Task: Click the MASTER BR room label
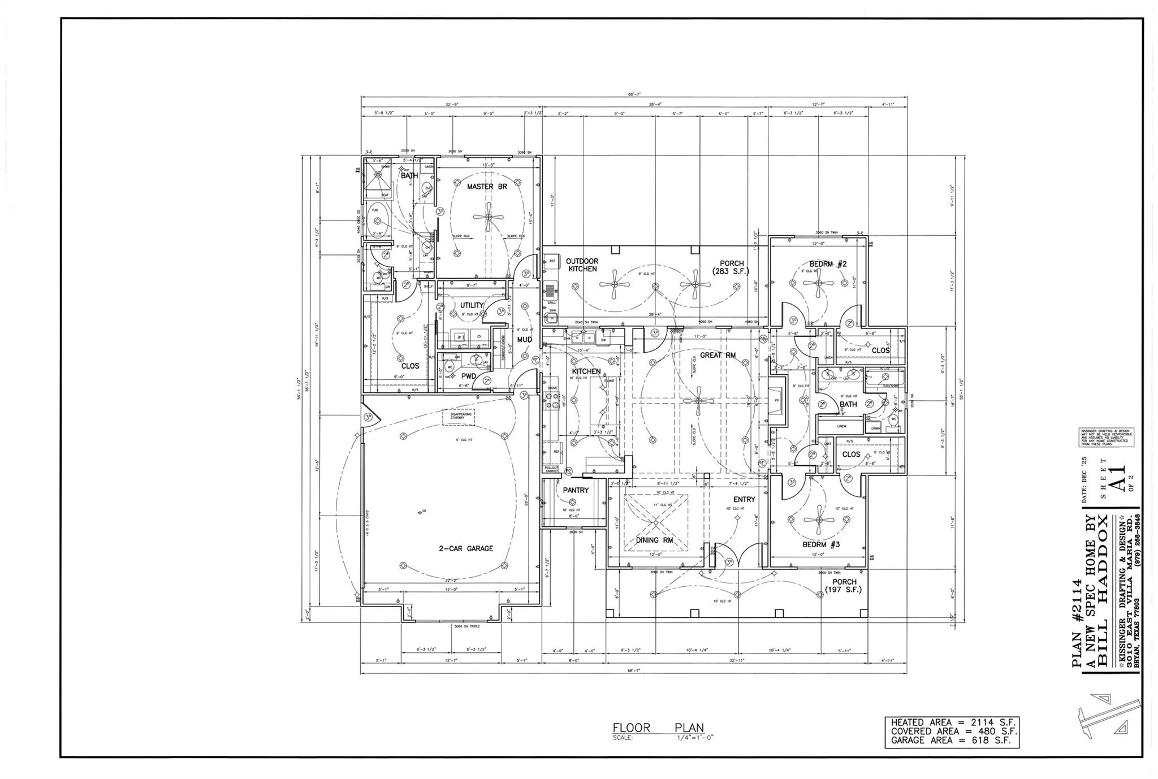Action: pos(487,187)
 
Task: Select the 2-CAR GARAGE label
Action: pos(466,548)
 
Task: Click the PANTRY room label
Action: pos(576,490)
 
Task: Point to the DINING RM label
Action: pos(655,540)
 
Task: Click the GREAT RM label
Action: pos(718,356)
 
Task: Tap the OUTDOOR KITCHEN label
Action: pos(582,265)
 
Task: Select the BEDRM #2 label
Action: pos(828,264)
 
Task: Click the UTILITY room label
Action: pos(472,305)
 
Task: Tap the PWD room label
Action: pos(468,376)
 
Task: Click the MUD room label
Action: pos(524,340)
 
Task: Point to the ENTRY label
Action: pos(744,499)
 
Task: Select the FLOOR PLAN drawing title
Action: pos(658,728)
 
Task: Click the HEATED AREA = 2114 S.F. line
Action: pos(952,722)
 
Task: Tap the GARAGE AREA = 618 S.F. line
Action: pos(952,740)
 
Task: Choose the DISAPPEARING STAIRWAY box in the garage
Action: pos(458,416)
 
